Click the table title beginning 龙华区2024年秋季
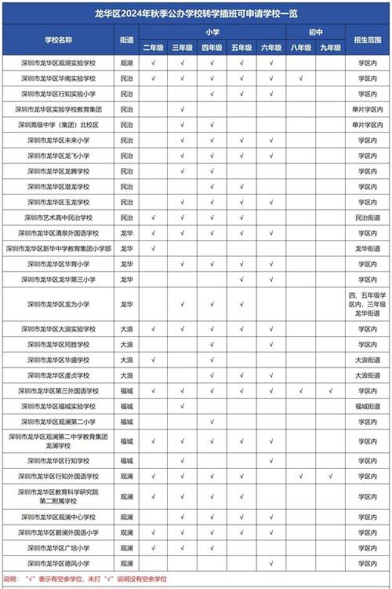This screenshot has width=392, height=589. coord(196,13)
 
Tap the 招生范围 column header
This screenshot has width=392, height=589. coord(368,39)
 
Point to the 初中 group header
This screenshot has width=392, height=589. coord(315,32)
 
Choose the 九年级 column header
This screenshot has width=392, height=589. coord(331,47)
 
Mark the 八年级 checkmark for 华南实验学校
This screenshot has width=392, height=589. coord(300,78)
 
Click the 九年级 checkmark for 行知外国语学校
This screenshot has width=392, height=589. coord(331,476)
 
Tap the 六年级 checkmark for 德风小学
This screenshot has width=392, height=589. coord(270,564)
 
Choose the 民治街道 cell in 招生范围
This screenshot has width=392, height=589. coord(368,218)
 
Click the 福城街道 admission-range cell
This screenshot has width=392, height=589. coord(368,406)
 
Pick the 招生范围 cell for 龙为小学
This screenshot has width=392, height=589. coord(368,303)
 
